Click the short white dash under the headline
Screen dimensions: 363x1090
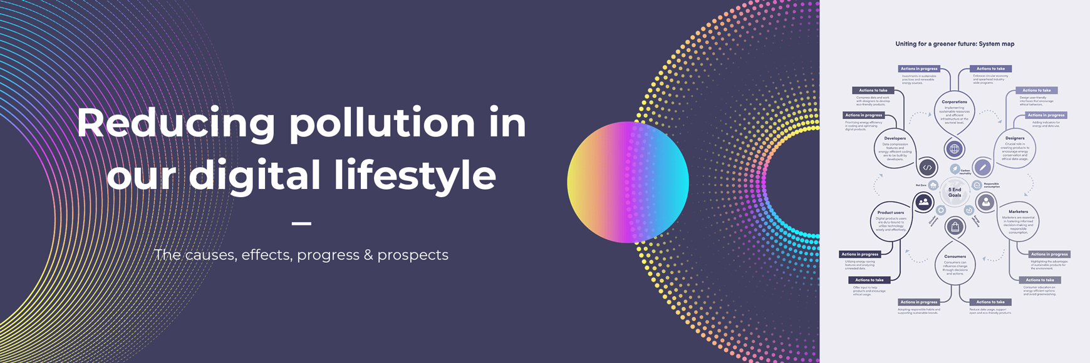point(301,223)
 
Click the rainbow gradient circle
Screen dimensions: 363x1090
point(628,182)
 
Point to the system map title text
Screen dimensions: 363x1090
point(955,44)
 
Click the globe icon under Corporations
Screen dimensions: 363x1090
point(954,149)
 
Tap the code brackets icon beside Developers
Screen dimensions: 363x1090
point(928,167)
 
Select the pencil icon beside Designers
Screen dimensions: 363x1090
point(983,167)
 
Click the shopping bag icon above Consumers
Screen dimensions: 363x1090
point(955,227)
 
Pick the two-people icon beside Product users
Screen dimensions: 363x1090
point(923,202)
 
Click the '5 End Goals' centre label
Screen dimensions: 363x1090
point(955,192)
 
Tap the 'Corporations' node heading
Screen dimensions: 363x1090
point(954,101)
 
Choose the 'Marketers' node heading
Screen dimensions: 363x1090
point(1018,212)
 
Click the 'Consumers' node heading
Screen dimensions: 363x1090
point(955,257)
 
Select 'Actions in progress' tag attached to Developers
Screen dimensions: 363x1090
point(864,115)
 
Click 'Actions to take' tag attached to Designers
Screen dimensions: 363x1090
point(1037,90)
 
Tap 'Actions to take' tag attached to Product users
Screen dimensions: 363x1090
point(869,280)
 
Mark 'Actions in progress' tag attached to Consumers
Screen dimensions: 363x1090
point(919,302)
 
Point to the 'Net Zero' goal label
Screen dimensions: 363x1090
point(921,185)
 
